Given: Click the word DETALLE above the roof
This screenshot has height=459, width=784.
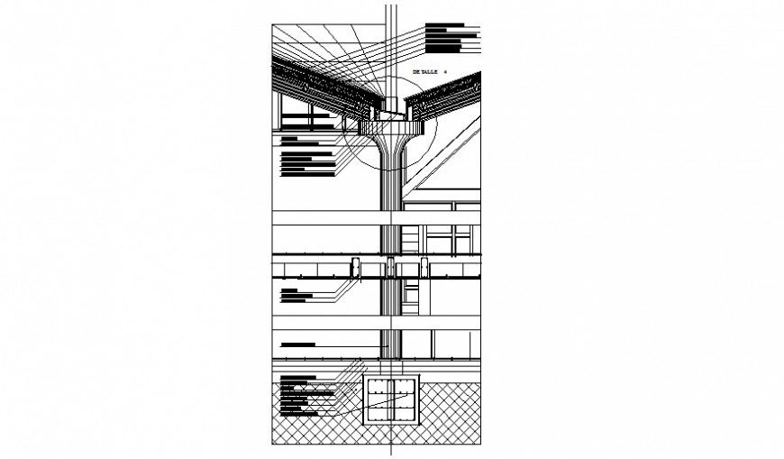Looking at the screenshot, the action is [424, 70].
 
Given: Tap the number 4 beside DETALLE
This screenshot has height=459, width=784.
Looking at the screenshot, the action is [445, 70].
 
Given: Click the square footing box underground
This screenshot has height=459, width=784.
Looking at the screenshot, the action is [390, 400].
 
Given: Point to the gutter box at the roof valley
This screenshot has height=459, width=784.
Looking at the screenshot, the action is [390, 114].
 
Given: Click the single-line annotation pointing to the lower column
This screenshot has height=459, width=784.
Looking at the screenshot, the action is [298, 344].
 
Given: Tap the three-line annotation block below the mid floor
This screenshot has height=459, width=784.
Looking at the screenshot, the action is [296, 296].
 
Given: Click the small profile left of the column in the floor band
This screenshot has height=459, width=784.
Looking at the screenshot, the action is [356, 268].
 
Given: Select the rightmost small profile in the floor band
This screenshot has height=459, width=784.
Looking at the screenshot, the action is [421, 268].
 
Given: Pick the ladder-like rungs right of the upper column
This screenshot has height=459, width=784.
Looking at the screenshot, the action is [412, 238].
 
